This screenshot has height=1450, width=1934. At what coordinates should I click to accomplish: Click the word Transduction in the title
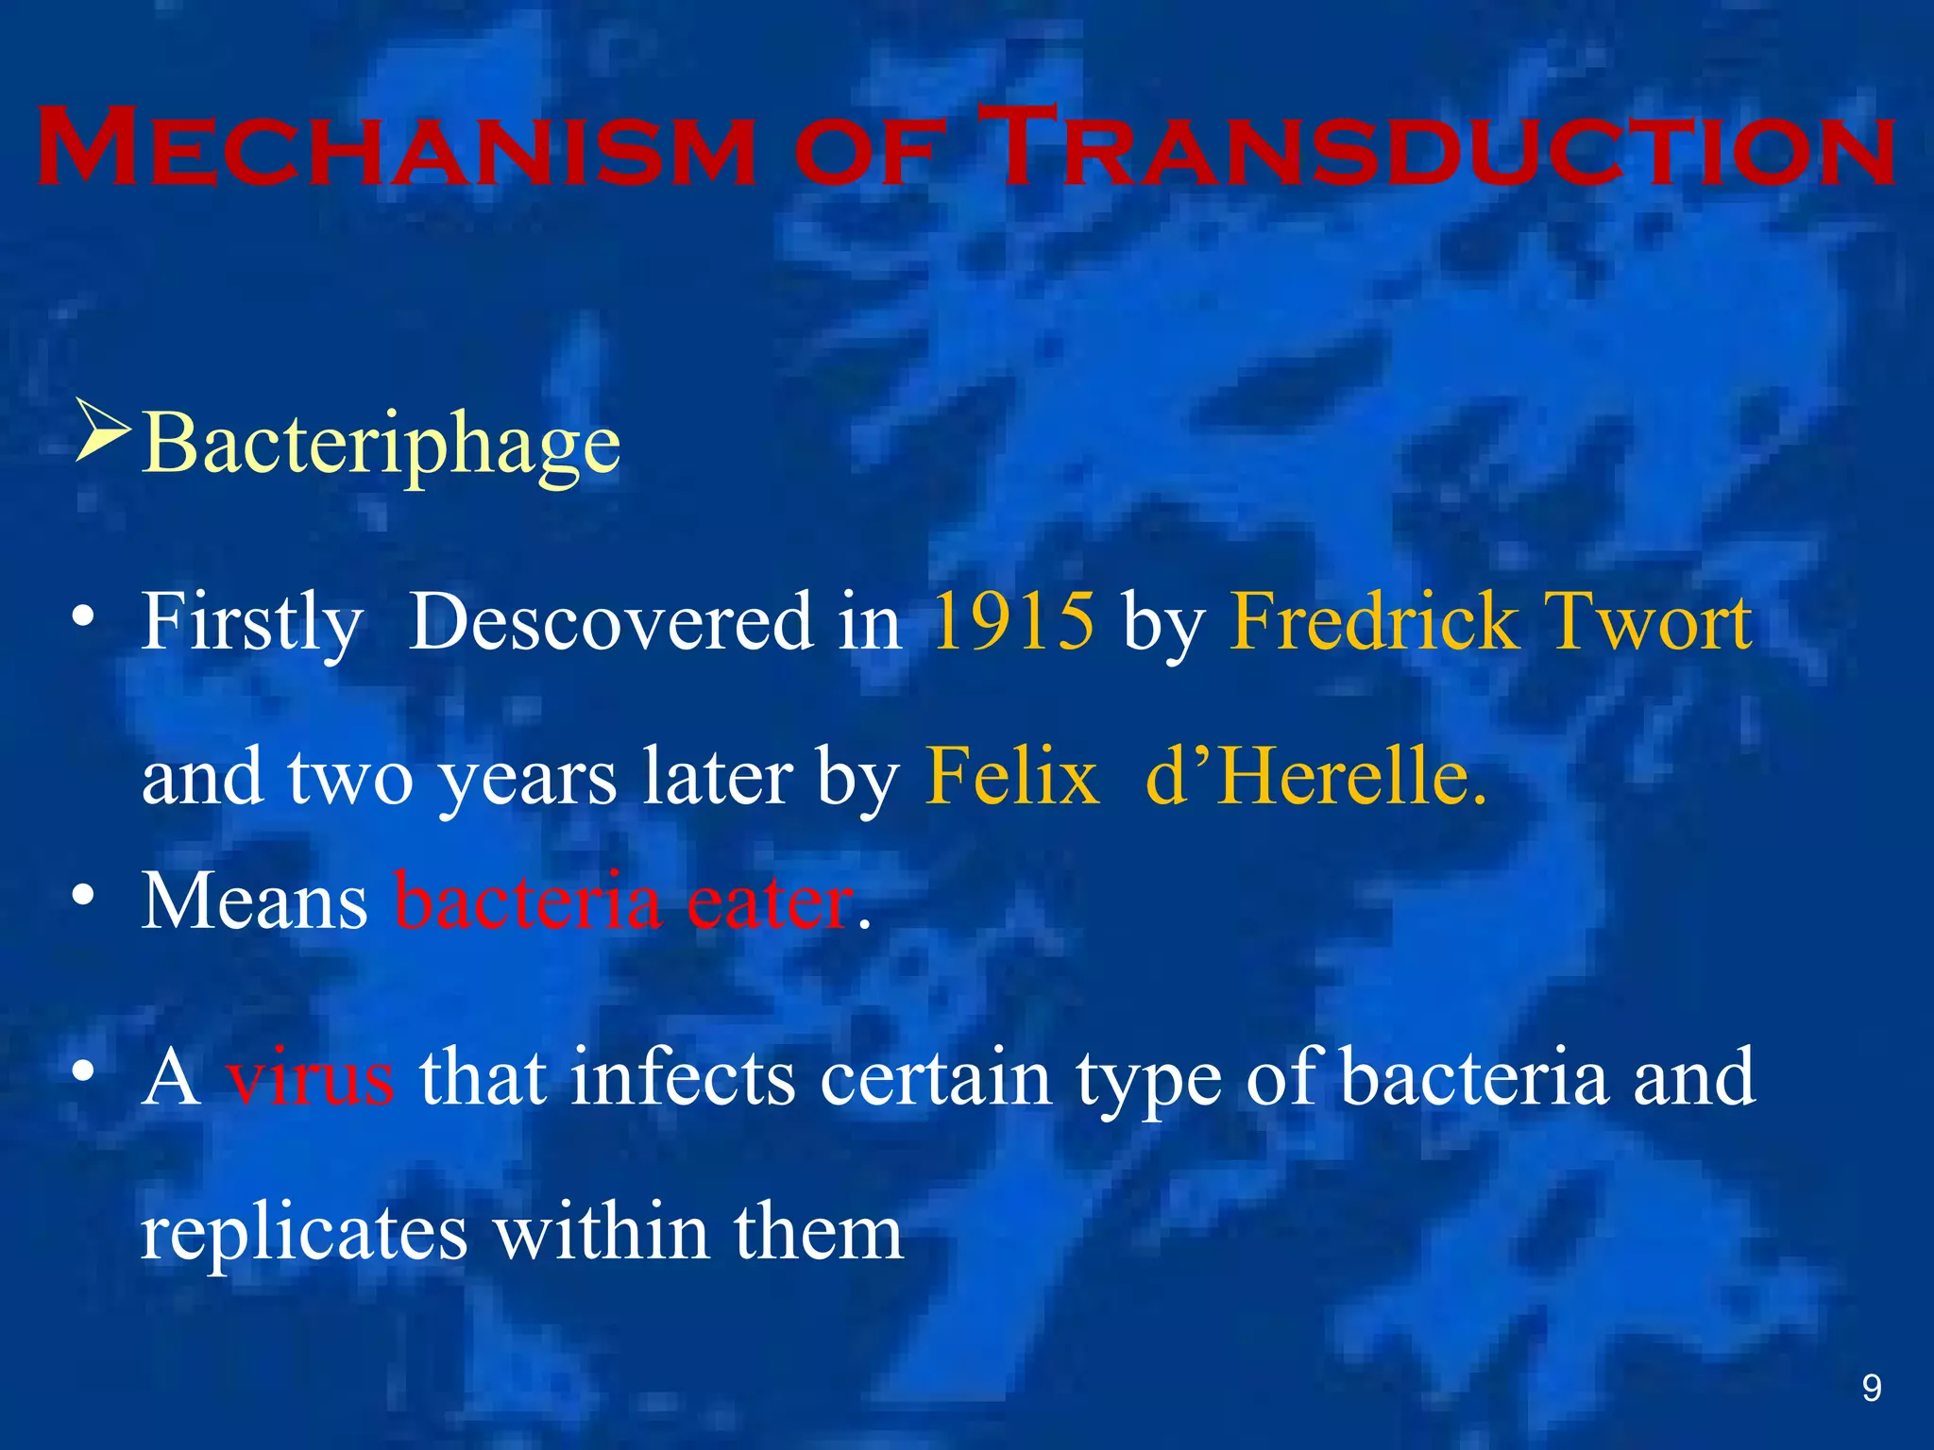click(x=1435, y=149)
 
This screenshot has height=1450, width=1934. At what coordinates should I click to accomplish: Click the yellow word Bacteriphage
click(x=382, y=444)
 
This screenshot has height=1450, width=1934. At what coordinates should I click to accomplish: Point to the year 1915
click(x=1013, y=621)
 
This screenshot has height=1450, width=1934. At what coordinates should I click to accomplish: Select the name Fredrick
click(x=1375, y=621)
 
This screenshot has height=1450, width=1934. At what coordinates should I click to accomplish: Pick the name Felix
click(x=1012, y=777)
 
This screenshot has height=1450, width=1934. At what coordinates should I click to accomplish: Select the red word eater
click(x=770, y=902)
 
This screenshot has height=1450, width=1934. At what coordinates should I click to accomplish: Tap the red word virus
click(x=310, y=1078)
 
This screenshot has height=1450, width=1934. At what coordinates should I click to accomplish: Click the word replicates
click(x=304, y=1233)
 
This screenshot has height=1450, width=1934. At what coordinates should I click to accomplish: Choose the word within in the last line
click(x=602, y=1231)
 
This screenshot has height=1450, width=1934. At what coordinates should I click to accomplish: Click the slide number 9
click(x=1871, y=1388)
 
